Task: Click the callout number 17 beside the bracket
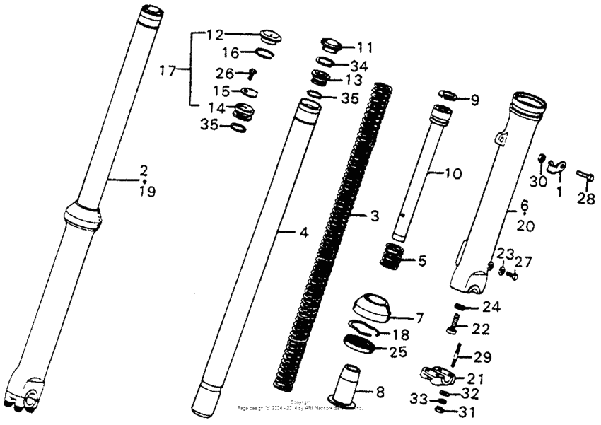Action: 167,71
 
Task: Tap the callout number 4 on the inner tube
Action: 287,231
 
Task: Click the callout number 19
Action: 146,191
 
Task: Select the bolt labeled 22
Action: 450,326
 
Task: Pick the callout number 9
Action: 470,100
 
